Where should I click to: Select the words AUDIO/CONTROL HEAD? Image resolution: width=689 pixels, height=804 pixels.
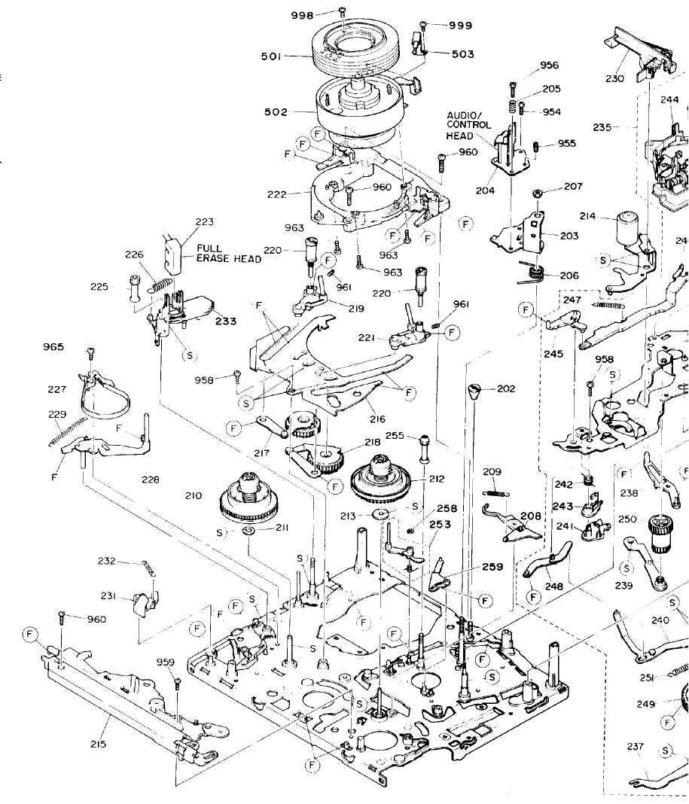(468, 125)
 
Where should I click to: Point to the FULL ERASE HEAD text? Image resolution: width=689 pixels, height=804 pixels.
(229, 253)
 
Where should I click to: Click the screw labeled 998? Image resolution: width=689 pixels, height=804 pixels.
(343, 11)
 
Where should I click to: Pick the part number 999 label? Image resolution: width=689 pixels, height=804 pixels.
(460, 25)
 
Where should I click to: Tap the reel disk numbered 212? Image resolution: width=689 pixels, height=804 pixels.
(380, 480)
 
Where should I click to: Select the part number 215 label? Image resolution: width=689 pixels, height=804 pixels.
(98, 744)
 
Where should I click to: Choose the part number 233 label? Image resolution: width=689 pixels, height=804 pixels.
(225, 321)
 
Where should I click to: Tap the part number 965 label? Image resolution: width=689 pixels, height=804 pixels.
(54, 347)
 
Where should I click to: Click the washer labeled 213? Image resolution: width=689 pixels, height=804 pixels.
(381, 515)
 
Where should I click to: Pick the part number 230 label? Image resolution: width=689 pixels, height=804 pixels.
(614, 78)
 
